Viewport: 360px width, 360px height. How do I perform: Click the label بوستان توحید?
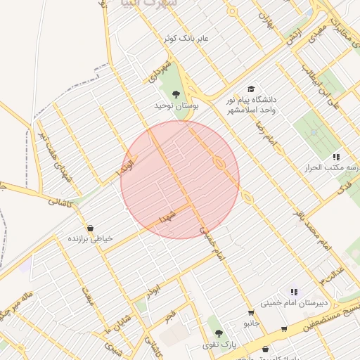[x=176, y=105]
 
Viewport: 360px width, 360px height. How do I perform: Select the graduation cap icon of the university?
[x=251, y=89]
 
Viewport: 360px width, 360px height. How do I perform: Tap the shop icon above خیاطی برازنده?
[x=89, y=228]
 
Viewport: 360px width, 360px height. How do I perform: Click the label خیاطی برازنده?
[x=89, y=239]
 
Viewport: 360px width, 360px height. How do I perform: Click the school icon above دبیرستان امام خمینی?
[x=294, y=292]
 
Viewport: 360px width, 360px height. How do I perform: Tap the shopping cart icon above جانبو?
[x=251, y=313]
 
